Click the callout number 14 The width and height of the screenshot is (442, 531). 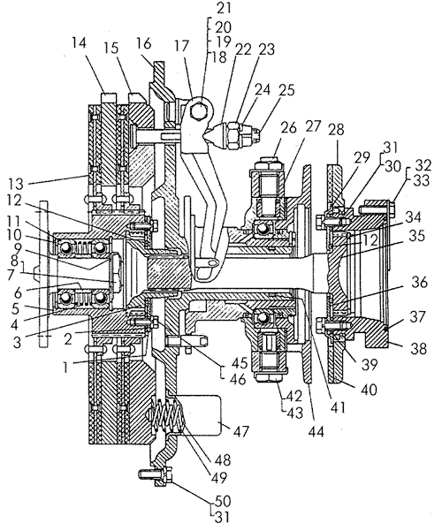tap(79, 43)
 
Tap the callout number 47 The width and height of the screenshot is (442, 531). tap(240, 432)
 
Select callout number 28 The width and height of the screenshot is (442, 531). tap(336, 129)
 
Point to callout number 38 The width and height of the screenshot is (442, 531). tap(418, 348)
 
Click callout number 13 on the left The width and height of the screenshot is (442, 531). tap(16, 185)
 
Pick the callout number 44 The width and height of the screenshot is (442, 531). tap(316, 432)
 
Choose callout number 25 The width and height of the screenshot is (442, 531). tap(286, 90)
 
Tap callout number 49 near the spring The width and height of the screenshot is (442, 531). tap(218, 477)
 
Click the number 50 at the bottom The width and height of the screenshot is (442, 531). tap(223, 501)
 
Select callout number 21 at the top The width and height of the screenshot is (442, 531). tap(224, 8)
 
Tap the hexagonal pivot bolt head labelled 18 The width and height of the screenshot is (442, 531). tap(199, 110)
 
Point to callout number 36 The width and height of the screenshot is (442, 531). tap(419, 282)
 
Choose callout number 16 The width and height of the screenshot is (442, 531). tap(144, 43)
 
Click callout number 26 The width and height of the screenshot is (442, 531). tap(288, 128)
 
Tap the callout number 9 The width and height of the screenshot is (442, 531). tap(19, 248)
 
